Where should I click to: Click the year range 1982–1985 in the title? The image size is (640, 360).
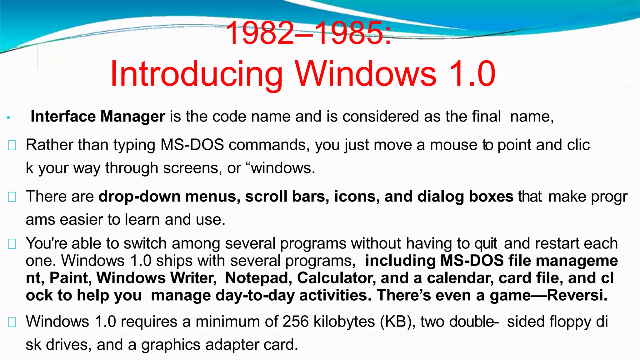[x=308, y=33]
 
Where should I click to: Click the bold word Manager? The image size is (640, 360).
[x=132, y=117]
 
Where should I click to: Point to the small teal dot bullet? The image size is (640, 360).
[x=9, y=118]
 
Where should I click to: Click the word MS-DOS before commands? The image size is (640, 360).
[x=192, y=145]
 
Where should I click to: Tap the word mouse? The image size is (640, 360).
[x=453, y=145]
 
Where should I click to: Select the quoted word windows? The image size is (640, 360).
[x=282, y=168]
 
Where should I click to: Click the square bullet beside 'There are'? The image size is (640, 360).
[x=12, y=197]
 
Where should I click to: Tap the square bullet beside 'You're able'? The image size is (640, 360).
[x=12, y=244]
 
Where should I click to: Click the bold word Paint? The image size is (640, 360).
[x=70, y=278]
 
